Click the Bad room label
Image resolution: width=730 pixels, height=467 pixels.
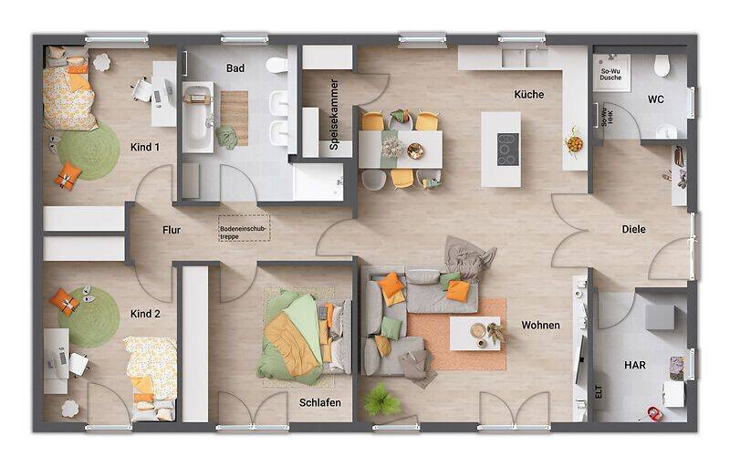point(235,68)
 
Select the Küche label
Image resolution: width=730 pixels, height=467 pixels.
point(528,94)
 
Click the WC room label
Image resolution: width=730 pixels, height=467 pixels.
point(656,99)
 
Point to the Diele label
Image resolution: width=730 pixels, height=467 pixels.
point(633,229)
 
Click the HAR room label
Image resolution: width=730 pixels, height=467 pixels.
point(635,365)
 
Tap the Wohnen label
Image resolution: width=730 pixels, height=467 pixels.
point(540,325)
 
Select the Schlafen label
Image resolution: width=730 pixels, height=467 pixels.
point(319,402)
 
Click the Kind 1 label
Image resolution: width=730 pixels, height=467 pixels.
point(145,147)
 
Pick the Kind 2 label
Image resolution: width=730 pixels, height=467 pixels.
point(145,314)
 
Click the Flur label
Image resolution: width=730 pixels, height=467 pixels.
point(172,230)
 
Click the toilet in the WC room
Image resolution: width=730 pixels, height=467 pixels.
point(662,66)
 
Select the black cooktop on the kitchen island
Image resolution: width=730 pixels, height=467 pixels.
point(507,148)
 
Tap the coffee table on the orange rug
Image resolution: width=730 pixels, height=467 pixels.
point(474,333)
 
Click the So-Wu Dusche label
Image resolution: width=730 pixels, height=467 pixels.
point(610,74)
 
